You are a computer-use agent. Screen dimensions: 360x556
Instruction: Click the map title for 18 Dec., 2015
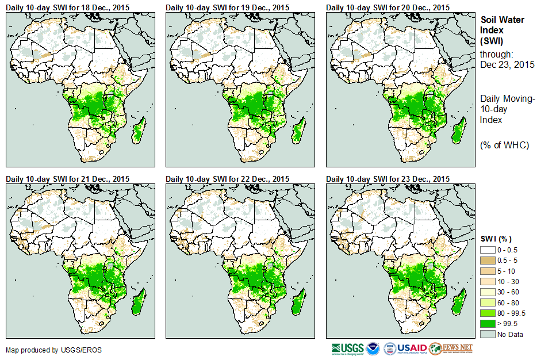[67, 7]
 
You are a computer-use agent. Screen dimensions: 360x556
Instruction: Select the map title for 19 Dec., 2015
[227, 7]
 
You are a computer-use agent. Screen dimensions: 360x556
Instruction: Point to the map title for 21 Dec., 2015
[67, 179]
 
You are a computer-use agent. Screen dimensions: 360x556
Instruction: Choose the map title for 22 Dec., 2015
[227, 179]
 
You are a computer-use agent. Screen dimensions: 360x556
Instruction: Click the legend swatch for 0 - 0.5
[487, 250]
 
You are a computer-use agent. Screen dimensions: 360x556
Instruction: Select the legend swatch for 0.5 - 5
[487, 261]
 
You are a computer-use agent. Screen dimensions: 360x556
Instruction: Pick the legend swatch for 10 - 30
[487, 282]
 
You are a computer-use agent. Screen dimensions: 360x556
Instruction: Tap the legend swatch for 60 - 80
[487, 302]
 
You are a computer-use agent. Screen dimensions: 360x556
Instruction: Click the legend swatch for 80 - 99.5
[487, 313]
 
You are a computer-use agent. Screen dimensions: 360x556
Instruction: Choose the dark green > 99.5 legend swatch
[487, 324]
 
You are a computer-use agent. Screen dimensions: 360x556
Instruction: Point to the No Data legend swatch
[487, 334]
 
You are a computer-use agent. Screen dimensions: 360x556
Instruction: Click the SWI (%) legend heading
[496, 239]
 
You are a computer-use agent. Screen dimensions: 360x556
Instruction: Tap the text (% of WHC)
[504, 145]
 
